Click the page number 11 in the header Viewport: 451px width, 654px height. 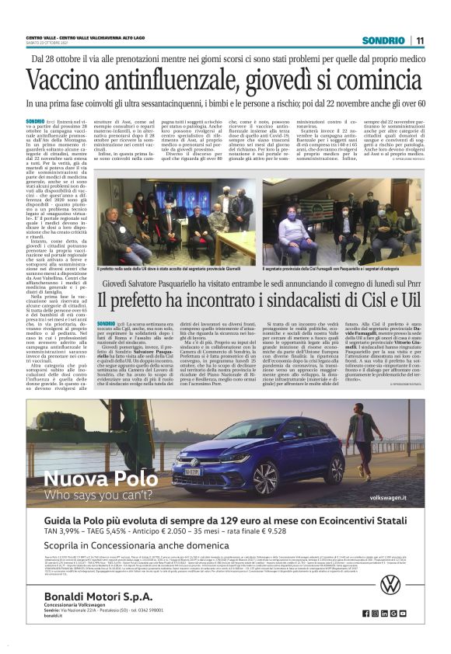coord(419,40)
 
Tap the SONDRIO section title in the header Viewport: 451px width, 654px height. coord(383,40)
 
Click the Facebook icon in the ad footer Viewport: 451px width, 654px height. coord(374,635)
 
